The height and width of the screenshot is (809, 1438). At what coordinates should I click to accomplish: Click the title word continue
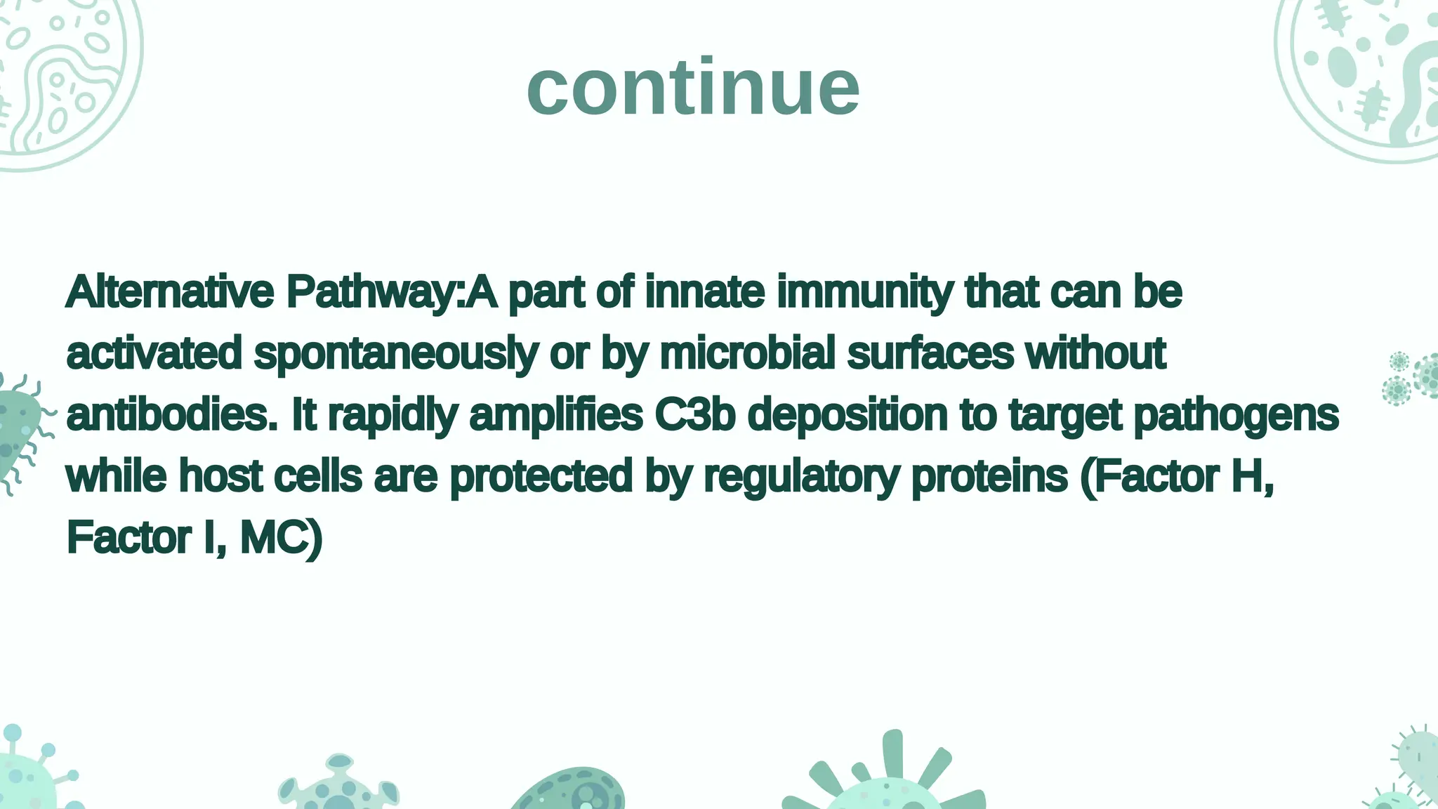693,88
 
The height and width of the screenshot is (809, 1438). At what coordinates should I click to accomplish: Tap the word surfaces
930,353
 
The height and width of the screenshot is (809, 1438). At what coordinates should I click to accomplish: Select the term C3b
694,414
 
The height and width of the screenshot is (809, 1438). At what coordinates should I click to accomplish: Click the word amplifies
555,416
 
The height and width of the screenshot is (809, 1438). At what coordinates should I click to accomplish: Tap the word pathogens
1236,416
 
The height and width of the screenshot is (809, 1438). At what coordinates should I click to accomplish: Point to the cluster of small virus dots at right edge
1411,378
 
